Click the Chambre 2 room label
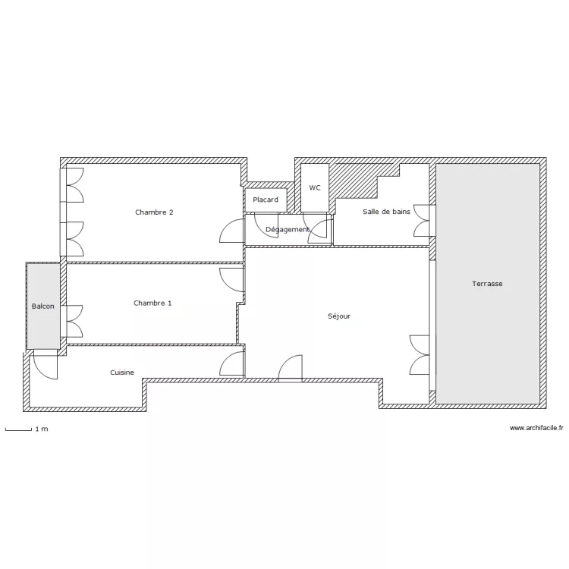click(x=154, y=212)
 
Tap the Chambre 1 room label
click(x=152, y=303)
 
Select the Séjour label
click(x=339, y=316)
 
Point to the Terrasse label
click(x=487, y=284)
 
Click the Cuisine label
click(x=122, y=373)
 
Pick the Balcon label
click(x=42, y=307)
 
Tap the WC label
click(x=315, y=187)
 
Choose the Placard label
click(x=266, y=200)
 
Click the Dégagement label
click(x=288, y=229)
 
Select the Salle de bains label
click(x=386, y=212)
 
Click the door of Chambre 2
click(x=232, y=231)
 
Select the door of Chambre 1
click(x=232, y=278)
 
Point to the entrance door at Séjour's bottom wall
click(x=291, y=368)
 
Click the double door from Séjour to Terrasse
click(x=420, y=355)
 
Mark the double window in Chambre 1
click(x=74, y=320)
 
